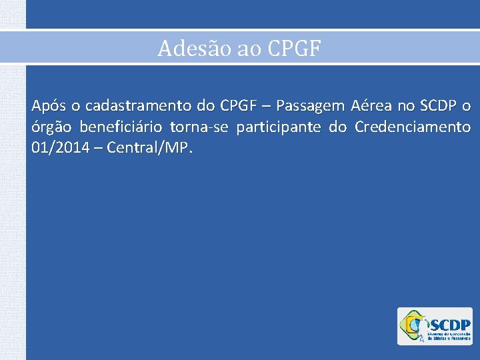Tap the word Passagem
pos(311,106)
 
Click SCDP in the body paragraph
pos(436,106)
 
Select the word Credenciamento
pos(413,127)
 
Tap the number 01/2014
pos(58,147)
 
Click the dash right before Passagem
pos(265,106)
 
